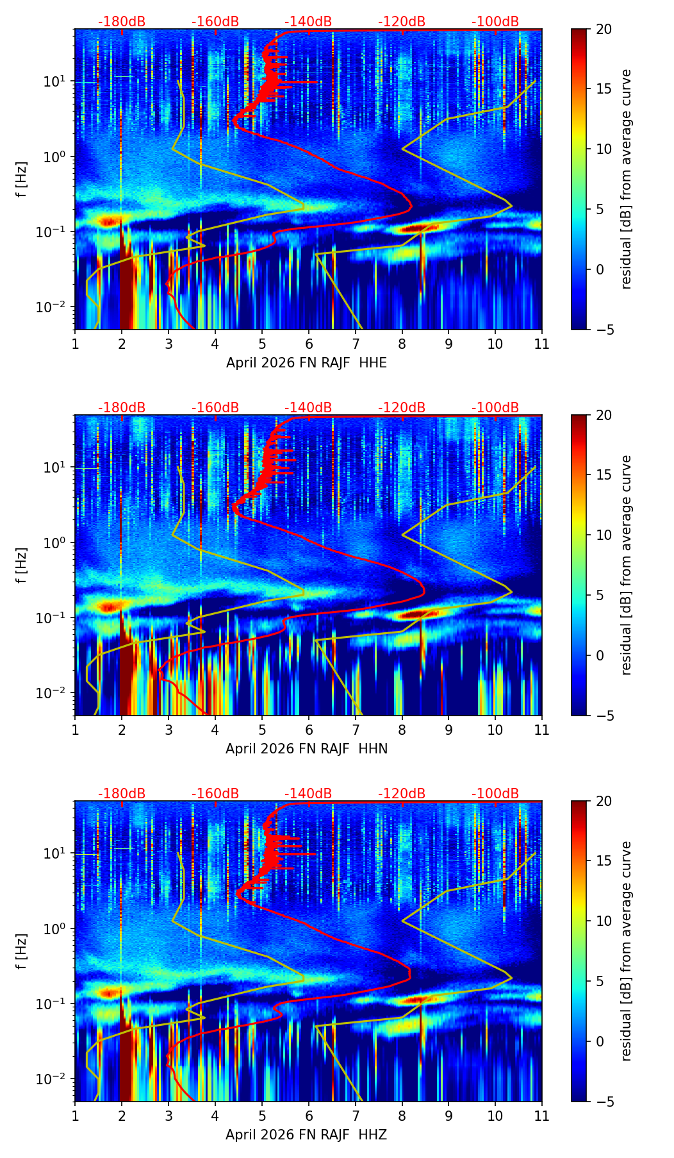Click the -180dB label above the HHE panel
pyautogui.click(x=122, y=22)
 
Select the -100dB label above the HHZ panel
pyautogui.click(x=495, y=794)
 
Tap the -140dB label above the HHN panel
pyautogui.click(x=308, y=408)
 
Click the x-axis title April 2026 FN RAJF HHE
pyautogui.click(x=306, y=363)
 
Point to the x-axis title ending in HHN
pyautogui.click(x=306, y=749)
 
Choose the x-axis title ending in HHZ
pyautogui.click(x=306, y=1135)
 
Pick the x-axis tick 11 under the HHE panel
pyautogui.click(x=542, y=344)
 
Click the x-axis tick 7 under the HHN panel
pyautogui.click(x=355, y=730)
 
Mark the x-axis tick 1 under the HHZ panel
pyautogui.click(x=75, y=1116)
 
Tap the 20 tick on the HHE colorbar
pyautogui.click(x=604, y=29)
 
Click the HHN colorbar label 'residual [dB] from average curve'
pyautogui.click(x=627, y=565)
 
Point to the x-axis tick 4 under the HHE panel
pyautogui.click(x=215, y=344)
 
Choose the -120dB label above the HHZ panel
pyautogui.click(x=402, y=794)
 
